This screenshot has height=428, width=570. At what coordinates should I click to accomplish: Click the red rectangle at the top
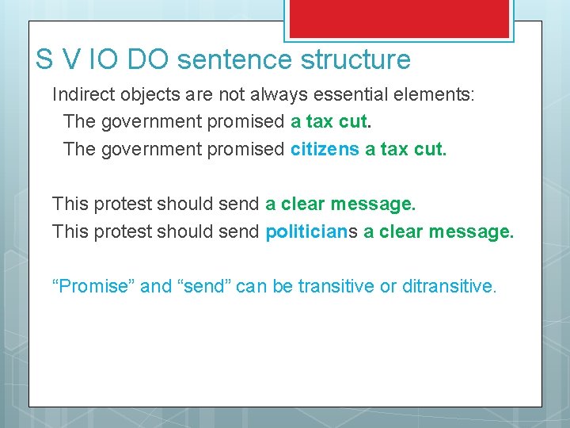[399, 17]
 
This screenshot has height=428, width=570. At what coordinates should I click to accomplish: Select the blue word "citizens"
[325, 149]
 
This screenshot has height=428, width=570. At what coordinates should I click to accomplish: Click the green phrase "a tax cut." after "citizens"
[405, 149]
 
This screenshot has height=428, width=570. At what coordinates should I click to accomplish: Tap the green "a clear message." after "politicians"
[439, 232]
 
